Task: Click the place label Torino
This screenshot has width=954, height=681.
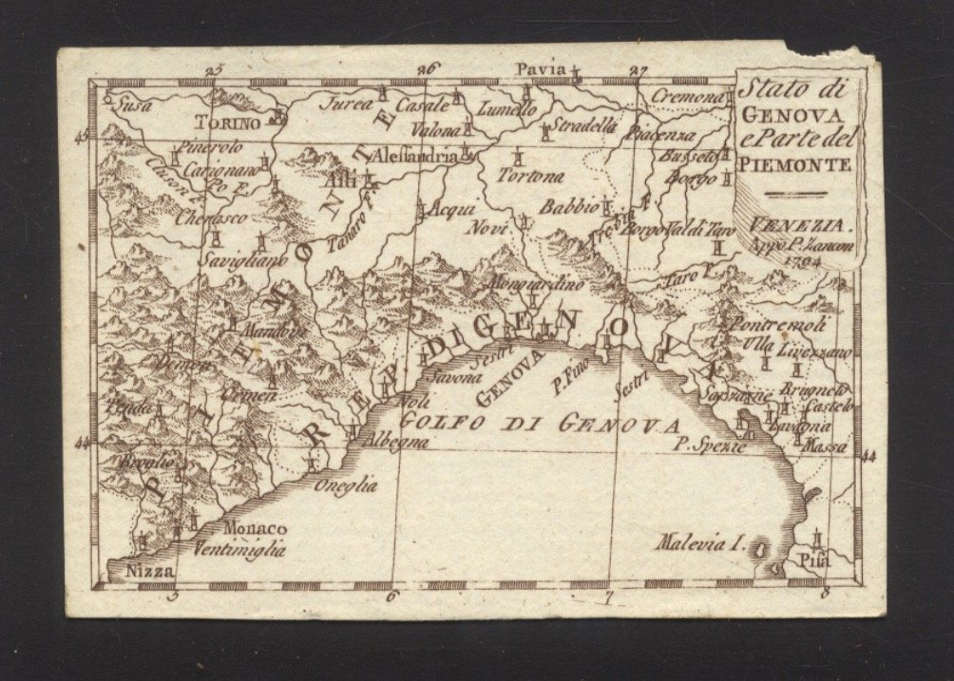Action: tap(227, 122)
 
